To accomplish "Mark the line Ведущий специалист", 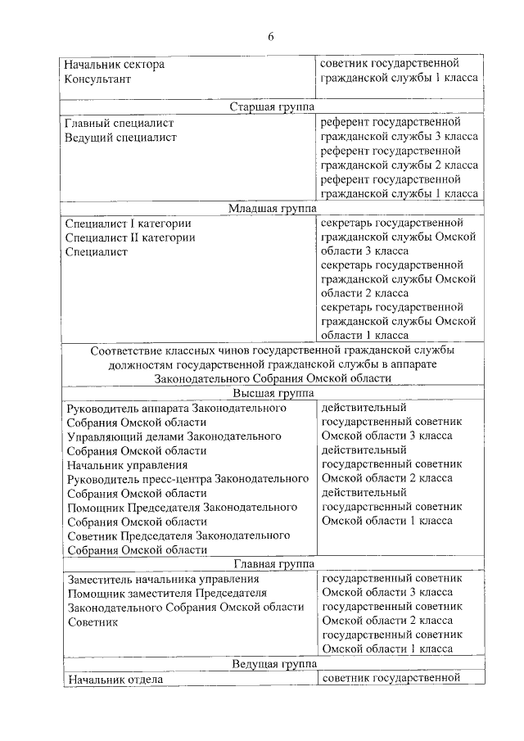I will pos(120,138).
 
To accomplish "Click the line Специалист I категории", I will pos(128,224).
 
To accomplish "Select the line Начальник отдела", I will pos(116,679).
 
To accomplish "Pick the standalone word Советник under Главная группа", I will pos(93,621).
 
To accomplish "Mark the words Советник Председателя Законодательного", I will pos(179,535).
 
